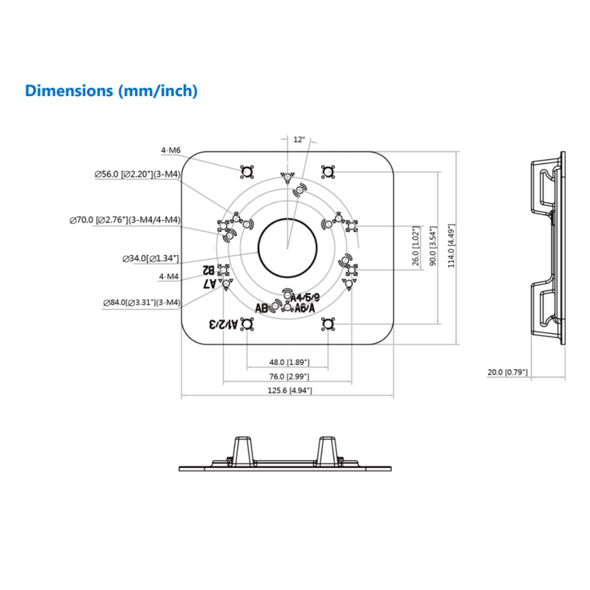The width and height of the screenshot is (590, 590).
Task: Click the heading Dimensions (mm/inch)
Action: pyautogui.click(x=111, y=91)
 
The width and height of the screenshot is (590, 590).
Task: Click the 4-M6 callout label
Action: pyautogui.click(x=171, y=150)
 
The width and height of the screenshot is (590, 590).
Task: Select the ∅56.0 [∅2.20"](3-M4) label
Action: pyautogui.click(x=137, y=174)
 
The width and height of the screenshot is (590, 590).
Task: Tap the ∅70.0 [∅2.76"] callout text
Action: pyautogui.click(x=124, y=220)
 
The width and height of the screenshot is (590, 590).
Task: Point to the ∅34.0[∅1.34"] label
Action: pyautogui.click(x=150, y=258)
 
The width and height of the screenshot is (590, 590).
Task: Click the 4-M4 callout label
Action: pyautogui.click(x=169, y=276)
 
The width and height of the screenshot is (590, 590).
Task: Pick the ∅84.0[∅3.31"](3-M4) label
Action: pyautogui.click(x=141, y=303)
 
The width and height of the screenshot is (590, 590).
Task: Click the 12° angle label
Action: pyautogui.click(x=299, y=140)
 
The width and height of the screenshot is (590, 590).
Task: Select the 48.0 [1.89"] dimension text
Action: pyautogui.click(x=289, y=362)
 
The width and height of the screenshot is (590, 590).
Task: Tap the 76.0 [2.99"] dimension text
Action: pyautogui.click(x=289, y=376)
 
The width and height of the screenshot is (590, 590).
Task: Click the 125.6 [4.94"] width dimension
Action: pyautogui.click(x=289, y=391)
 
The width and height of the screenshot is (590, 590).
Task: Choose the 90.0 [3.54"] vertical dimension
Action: pyautogui.click(x=432, y=246)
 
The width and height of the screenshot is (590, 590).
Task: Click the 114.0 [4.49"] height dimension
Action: pyautogui.click(x=451, y=246)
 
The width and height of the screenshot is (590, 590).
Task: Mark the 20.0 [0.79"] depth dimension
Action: pyautogui.click(x=507, y=372)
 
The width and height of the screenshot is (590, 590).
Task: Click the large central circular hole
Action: pyautogui.click(x=287, y=248)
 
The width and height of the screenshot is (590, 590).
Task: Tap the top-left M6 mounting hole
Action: pyautogui.click(x=247, y=172)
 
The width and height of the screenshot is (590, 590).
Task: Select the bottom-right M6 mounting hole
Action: pyautogui.click(x=328, y=323)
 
